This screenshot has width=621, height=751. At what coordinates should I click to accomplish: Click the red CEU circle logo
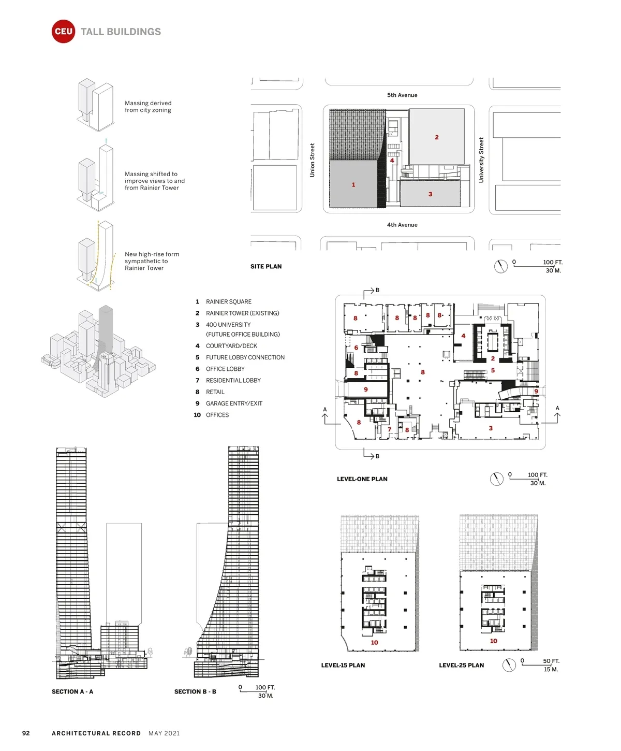pyautogui.click(x=63, y=31)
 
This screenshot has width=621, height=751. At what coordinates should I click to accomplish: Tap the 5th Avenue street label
pyautogui.click(x=402, y=95)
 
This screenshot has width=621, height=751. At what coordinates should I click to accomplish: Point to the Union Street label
pyautogui.click(x=312, y=160)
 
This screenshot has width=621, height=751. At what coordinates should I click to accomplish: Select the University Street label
pyautogui.click(x=481, y=160)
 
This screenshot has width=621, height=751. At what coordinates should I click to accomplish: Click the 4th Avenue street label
pyautogui.click(x=402, y=225)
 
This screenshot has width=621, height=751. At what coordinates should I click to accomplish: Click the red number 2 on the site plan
pyautogui.click(x=436, y=137)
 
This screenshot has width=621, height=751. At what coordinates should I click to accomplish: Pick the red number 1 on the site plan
pyautogui.click(x=353, y=184)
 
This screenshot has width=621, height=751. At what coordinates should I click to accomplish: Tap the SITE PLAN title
pyautogui.click(x=266, y=267)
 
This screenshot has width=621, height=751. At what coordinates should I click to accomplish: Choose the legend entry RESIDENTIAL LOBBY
pyautogui.click(x=233, y=380)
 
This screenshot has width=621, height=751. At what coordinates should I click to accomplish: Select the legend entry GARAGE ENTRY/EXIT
pyautogui.click(x=233, y=403)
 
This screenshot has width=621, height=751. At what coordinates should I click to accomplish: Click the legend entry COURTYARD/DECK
pyautogui.click(x=231, y=345)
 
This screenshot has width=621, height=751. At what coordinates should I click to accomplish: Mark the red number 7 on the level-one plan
pyautogui.click(x=389, y=429)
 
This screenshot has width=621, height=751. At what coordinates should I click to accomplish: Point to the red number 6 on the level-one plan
pyautogui.click(x=356, y=348)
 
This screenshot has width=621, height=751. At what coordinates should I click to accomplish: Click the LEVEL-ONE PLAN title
pyautogui.click(x=362, y=479)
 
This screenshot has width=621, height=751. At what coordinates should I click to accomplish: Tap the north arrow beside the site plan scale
pyautogui.click(x=500, y=266)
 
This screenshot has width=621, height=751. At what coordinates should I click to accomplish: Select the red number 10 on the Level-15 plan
pyautogui.click(x=374, y=642)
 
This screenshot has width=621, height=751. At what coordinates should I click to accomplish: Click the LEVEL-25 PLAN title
pyautogui.click(x=461, y=665)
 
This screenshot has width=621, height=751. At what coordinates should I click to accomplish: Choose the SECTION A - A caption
pyautogui.click(x=72, y=691)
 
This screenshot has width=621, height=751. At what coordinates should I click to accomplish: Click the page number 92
pyautogui.click(x=26, y=733)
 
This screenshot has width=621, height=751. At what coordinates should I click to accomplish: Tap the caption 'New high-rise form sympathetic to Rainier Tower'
pyautogui.click(x=152, y=261)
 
